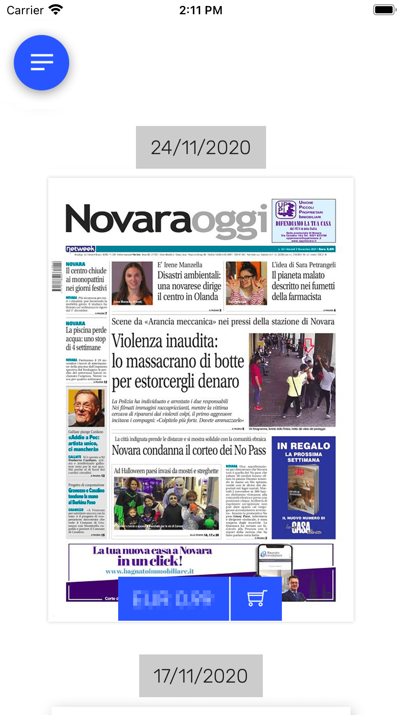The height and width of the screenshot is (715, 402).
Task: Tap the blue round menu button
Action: (41, 62)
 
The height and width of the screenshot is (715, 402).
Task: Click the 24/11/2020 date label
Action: (201, 147)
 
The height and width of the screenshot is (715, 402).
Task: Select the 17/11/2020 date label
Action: (201, 676)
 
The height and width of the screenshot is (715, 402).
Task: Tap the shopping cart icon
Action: (256, 598)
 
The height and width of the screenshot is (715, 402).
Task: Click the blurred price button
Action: (173, 598)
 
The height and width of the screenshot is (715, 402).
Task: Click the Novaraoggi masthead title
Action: (166, 220)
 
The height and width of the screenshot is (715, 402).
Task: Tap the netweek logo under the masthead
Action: (80, 249)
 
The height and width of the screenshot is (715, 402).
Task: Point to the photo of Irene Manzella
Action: (132, 283)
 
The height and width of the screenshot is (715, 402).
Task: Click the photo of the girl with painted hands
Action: (246, 283)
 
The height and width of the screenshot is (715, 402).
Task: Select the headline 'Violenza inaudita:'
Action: (165, 341)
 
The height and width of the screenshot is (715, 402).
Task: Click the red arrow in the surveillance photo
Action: (308, 345)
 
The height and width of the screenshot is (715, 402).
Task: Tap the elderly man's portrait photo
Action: (86, 408)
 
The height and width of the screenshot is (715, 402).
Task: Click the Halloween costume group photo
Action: (166, 503)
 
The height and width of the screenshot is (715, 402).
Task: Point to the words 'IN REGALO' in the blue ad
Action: (303, 446)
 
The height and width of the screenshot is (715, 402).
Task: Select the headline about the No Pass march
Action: (189, 450)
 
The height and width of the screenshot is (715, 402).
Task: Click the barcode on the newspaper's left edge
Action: (57, 276)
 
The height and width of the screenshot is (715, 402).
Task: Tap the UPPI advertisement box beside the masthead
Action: (304, 221)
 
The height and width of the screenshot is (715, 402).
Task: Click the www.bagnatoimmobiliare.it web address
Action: (150, 571)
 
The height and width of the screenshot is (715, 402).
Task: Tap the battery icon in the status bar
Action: (384, 10)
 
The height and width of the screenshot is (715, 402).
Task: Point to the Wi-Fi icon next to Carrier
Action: (56, 10)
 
